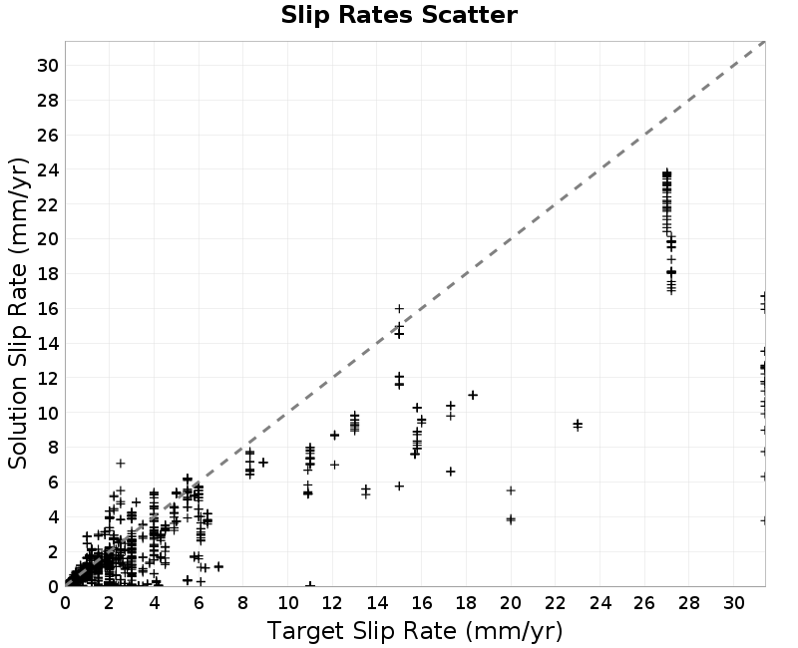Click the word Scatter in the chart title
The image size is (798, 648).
[469, 15]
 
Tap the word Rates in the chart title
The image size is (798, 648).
[376, 15]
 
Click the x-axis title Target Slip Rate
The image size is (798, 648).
[361, 631]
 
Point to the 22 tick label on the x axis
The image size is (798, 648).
[556, 603]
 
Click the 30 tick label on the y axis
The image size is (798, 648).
[47, 66]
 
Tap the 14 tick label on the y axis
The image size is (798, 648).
[47, 343]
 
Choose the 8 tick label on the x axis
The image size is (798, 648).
[242, 603]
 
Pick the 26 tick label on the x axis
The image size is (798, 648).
[644, 603]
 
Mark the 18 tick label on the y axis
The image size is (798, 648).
[47, 273]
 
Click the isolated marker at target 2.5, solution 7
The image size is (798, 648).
[121, 464]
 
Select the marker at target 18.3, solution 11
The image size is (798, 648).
[473, 395]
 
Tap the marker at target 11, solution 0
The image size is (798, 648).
[310, 585]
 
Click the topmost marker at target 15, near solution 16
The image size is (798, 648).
[400, 309]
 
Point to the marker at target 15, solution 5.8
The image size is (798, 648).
[400, 486]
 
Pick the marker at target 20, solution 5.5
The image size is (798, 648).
[511, 490]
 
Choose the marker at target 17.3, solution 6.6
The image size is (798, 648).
[451, 472]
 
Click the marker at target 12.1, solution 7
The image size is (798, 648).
[334, 465]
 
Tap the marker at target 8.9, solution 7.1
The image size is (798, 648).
[263, 463]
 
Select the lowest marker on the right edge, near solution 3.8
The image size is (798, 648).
[763, 520]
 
